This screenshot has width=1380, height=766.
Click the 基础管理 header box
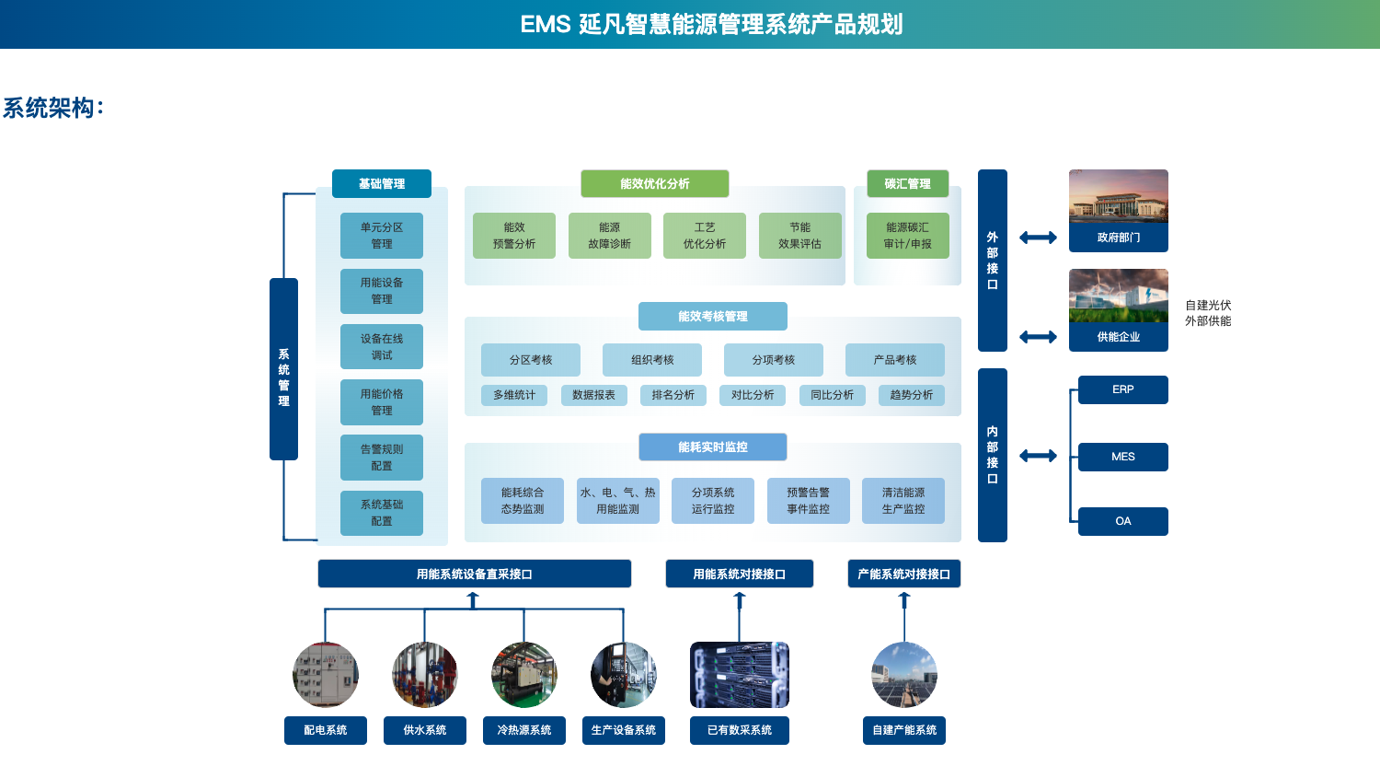(381, 183)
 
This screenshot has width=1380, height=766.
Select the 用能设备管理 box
(381, 291)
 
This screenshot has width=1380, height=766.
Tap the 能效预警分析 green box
(513, 236)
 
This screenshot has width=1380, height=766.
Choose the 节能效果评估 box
(799, 236)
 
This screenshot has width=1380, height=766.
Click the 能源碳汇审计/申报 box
(907, 236)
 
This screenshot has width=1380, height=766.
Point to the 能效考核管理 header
(712, 316)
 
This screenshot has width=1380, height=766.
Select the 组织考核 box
(652, 360)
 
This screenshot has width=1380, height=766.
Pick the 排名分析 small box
(673, 395)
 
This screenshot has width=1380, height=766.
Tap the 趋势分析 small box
(911, 395)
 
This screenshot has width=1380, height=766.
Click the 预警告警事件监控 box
(808, 501)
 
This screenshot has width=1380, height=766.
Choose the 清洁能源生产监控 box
(903, 501)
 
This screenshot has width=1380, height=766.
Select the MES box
(1122, 457)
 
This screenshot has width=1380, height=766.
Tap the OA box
(1122, 521)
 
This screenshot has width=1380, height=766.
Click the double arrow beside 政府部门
(1038, 238)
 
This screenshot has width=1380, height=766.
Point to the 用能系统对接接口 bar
(739, 574)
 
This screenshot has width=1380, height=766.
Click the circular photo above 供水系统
(424, 675)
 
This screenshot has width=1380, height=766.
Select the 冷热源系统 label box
(523, 730)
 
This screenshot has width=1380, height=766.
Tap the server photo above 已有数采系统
(739, 675)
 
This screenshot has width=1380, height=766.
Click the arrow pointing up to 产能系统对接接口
(904, 601)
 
